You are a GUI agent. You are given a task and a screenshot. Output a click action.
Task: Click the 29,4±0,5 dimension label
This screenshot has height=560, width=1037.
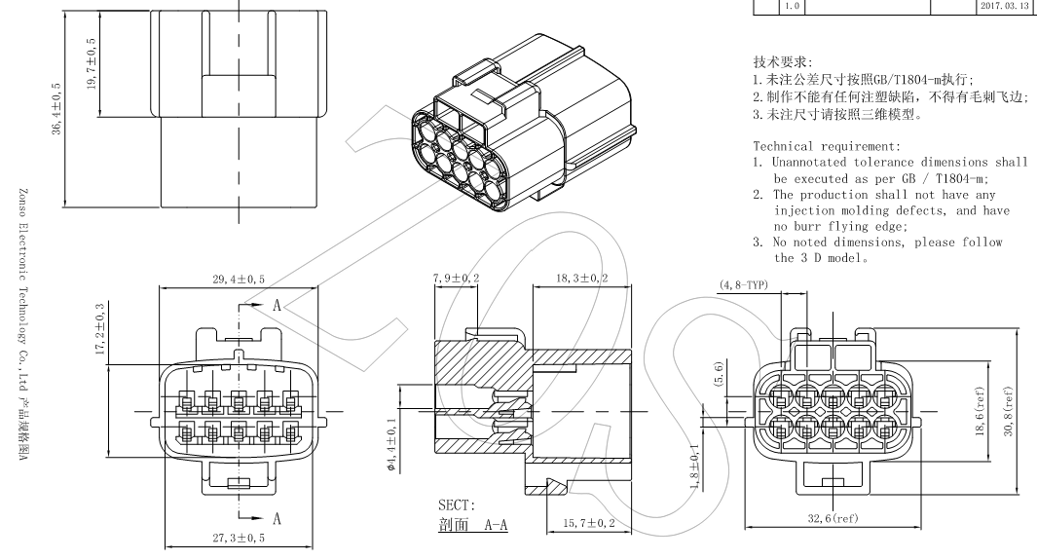pos(239,280)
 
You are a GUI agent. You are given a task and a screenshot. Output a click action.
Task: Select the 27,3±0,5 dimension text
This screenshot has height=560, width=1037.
pos(238,539)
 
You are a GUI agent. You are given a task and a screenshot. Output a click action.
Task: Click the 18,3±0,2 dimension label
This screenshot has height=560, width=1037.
pos(582,279)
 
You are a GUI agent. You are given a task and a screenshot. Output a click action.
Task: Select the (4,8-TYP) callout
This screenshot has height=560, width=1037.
pos(744,286)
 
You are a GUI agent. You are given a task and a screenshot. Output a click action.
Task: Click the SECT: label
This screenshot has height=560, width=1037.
pos(457,504)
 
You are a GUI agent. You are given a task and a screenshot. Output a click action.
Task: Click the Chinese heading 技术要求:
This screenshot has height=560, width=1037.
pos(769,61)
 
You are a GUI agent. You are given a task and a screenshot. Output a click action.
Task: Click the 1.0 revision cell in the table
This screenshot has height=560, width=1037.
pos(791,8)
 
